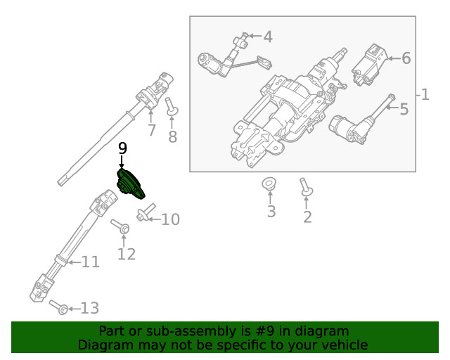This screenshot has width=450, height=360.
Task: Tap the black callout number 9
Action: [122, 148]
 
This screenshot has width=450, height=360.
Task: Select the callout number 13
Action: [90, 308]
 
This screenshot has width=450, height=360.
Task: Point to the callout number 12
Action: [126, 254]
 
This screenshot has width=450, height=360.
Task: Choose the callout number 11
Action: [90, 262]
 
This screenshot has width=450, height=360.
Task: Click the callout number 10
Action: [170, 220]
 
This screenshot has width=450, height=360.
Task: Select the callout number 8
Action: [173, 136]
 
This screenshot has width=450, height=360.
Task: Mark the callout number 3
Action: [271, 211]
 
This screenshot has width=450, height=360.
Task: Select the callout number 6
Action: [406, 58]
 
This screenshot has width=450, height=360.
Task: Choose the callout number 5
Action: [404, 109]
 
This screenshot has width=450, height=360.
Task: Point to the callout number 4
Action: [267, 36]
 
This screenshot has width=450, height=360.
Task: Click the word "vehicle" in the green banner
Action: [342, 345]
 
